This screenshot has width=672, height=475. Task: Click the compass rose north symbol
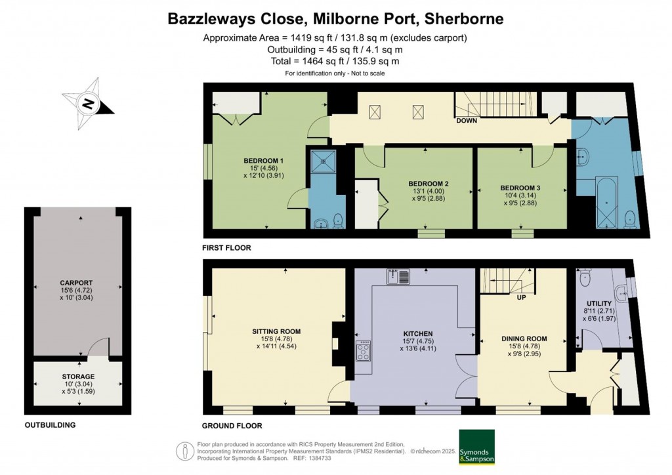click(x=88, y=104)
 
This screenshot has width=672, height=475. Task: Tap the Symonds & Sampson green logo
click(x=476, y=447)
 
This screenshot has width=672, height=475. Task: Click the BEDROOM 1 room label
click(x=264, y=161)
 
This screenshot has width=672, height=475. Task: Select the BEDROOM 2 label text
click(x=428, y=184)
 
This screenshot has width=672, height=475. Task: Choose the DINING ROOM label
click(x=524, y=339)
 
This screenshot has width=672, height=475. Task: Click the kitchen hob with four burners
click(x=363, y=351)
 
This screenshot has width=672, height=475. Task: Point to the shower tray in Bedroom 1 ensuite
click(x=323, y=161)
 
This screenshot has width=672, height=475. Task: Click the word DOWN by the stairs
click(x=467, y=121)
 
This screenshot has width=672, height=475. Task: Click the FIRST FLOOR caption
click(x=227, y=248)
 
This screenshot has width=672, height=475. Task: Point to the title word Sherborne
click(x=466, y=18)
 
